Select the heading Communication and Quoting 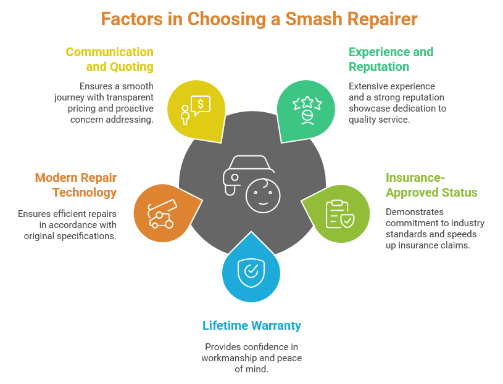click(x=110, y=59)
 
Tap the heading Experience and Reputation click(x=391, y=59)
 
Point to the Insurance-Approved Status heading click(x=431, y=185)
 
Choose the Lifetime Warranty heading click(x=252, y=325)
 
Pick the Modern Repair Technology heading click(x=76, y=185)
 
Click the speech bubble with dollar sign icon click(x=201, y=104)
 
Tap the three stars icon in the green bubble click(x=307, y=102)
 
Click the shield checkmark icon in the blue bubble click(x=251, y=271)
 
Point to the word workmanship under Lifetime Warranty click(x=228, y=358)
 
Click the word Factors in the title click(x=132, y=19)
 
